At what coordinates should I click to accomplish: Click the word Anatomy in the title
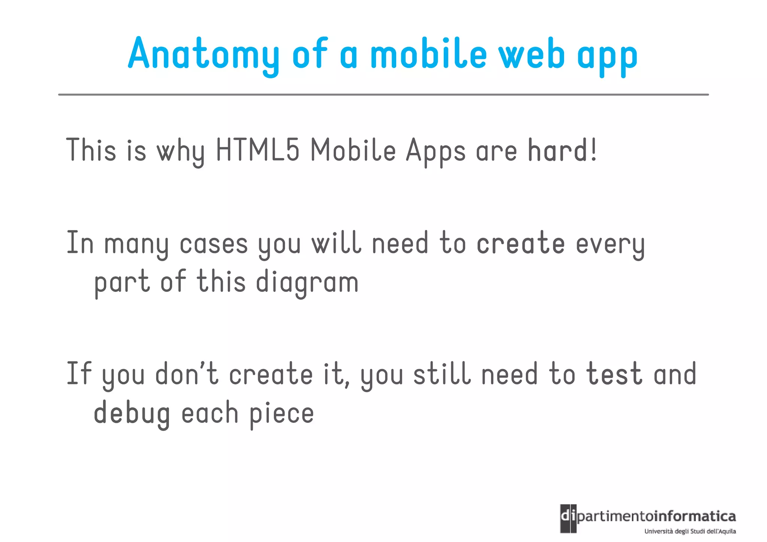203,55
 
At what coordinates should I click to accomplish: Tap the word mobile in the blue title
428,55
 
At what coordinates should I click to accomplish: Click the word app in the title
607,56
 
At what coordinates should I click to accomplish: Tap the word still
442,374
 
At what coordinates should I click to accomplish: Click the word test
614,374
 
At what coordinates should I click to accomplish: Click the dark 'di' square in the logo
568,519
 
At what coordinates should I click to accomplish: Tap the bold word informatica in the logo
695,517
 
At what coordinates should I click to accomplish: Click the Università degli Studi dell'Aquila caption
690,532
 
